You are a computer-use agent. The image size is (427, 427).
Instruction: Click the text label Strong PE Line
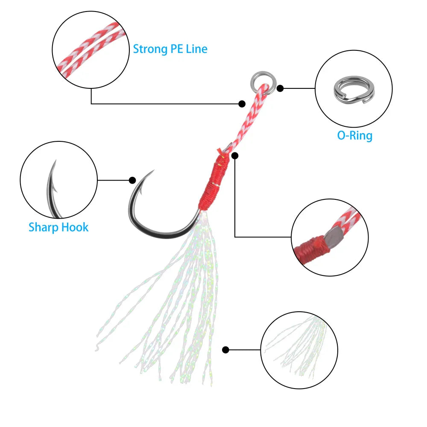click(x=170, y=49)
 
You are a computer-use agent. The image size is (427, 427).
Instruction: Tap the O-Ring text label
click(x=354, y=135)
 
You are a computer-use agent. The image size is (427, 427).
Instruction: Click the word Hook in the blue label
click(x=74, y=227)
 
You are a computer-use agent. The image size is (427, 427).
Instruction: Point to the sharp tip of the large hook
click(x=152, y=172)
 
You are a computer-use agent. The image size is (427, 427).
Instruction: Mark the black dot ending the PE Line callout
click(x=242, y=103)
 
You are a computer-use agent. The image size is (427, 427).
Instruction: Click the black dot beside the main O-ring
click(x=280, y=88)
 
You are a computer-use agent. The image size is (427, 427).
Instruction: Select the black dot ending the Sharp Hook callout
click(x=132, y=180)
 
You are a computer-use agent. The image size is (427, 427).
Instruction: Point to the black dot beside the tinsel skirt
click(x=226, y=350)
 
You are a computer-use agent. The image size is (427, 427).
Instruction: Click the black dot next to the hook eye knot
click(x=235, y=155)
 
